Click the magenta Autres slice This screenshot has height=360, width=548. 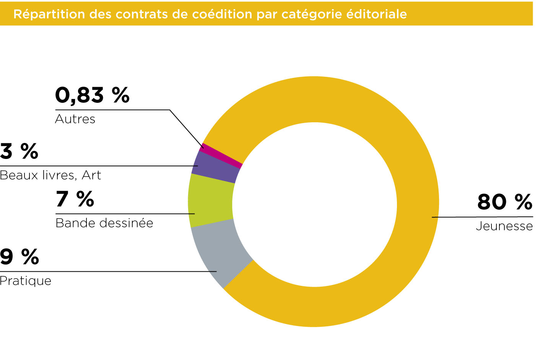221,156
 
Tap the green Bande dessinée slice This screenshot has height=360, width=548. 211,201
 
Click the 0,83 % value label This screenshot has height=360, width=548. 92,96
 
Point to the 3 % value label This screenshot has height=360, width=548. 19,151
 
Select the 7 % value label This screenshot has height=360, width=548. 75,199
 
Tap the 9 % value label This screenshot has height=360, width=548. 20,256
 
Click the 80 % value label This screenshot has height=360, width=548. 504,202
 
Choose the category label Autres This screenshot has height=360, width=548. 75,119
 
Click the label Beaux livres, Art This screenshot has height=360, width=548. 50,175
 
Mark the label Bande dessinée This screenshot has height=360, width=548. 104,223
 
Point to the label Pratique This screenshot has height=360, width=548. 26,281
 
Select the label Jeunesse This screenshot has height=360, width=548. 504,226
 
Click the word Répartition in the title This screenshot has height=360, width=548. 49,14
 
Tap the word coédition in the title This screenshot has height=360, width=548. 222,14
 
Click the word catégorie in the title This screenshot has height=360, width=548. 312,14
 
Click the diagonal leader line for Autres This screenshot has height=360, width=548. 187,129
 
